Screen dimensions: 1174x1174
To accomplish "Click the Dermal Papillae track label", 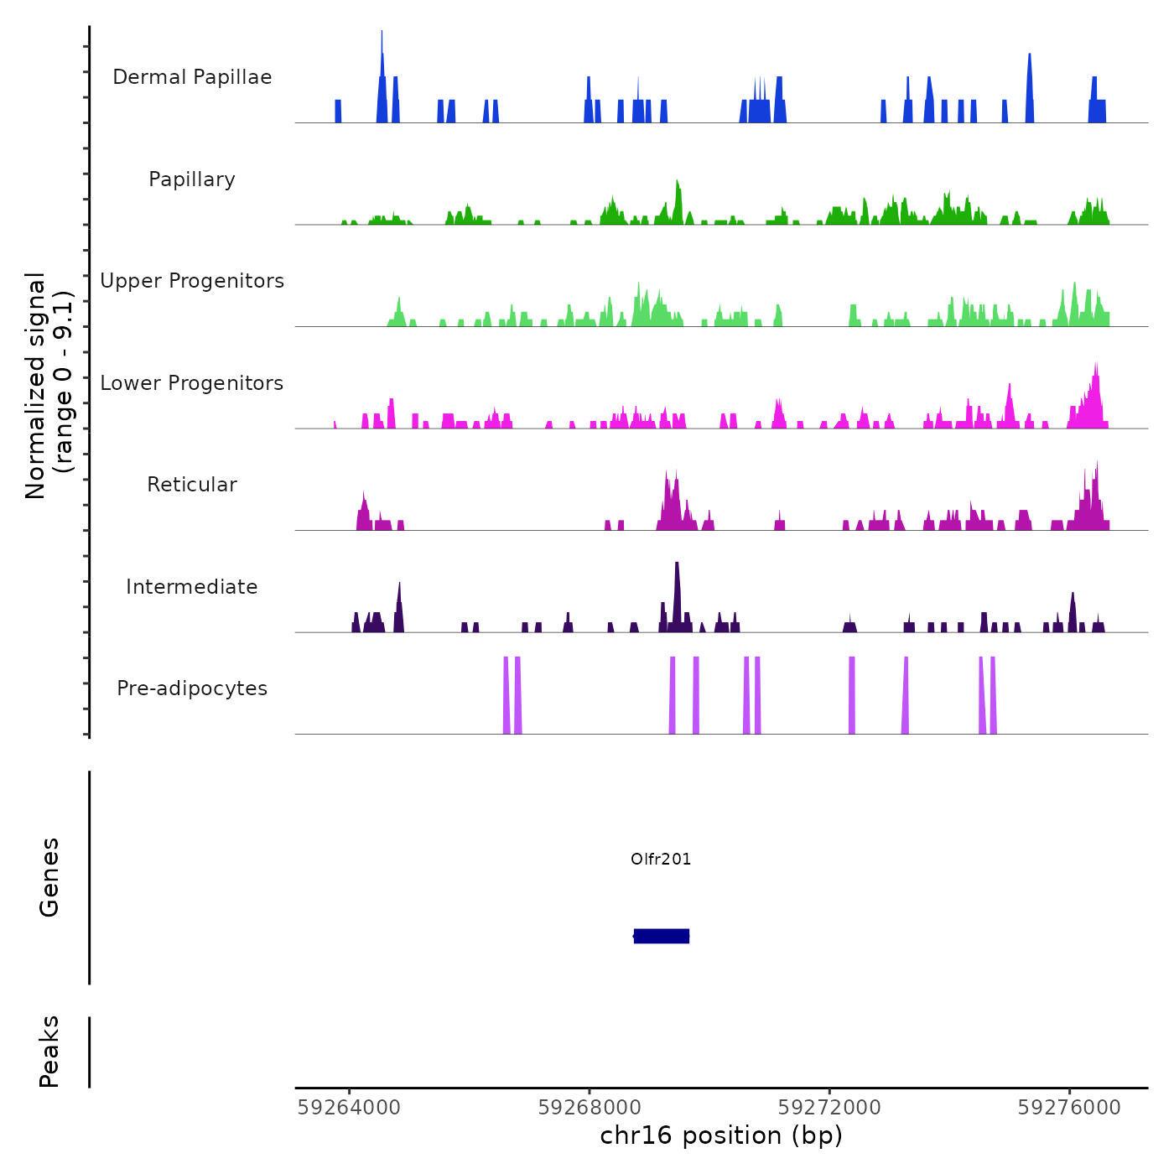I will (192, 77).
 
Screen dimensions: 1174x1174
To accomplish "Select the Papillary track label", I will (192, 179).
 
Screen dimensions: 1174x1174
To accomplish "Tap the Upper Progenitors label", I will (192, 281).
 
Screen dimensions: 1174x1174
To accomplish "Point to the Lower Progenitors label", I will (192, 383).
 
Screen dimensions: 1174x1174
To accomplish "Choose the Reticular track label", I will (192, 485).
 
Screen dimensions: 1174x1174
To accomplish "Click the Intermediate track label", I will (192, 587).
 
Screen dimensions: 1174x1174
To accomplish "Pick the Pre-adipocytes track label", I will (192, 688).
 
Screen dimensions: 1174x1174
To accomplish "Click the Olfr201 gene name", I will (661, 859).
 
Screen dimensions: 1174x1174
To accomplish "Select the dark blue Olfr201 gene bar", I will (662, 936).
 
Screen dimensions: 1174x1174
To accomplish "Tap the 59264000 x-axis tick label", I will (349, 1108).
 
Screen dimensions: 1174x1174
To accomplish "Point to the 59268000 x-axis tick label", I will (590, 1108).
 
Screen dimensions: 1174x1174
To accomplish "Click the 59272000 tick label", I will (829, 1108).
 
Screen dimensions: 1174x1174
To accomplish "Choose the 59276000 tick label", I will (1069, 1108).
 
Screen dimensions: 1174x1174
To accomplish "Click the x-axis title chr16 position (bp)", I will (721, 1136).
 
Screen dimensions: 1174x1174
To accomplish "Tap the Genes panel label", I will (49, 877).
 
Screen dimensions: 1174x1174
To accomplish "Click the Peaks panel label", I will (49, 1052).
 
